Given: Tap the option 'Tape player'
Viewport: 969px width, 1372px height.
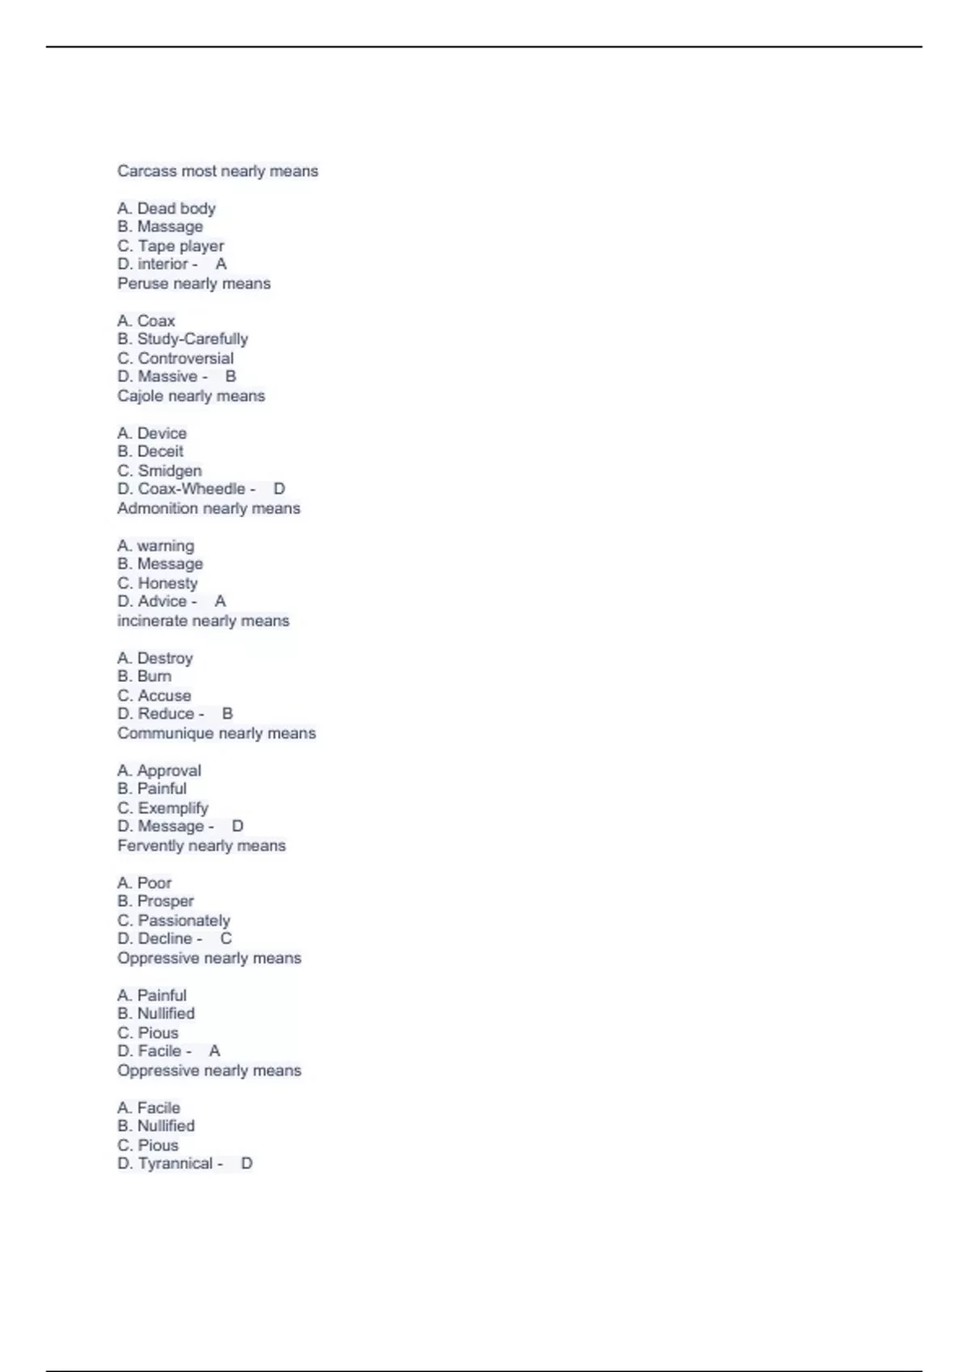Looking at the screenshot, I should pos(181,245).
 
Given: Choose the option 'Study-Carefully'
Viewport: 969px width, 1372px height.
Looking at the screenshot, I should pos(192,339).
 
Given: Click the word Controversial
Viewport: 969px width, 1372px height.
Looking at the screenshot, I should pos(186,358).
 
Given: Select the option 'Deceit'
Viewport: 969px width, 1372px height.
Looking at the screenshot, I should pos(160,451).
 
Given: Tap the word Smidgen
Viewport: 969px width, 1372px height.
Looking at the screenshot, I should pos(170,471).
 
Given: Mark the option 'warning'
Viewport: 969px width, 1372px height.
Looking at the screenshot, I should pos(166,546).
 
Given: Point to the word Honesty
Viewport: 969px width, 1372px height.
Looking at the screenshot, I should pos(168,583).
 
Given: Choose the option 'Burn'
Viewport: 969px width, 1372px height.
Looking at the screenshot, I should pos(154,676).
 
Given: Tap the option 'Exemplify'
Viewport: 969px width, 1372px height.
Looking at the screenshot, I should pos(173,808).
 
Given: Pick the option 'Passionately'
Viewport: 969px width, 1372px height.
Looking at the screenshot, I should pos(184,920).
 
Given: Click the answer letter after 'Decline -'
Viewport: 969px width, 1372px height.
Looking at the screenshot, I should pos(226,939).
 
